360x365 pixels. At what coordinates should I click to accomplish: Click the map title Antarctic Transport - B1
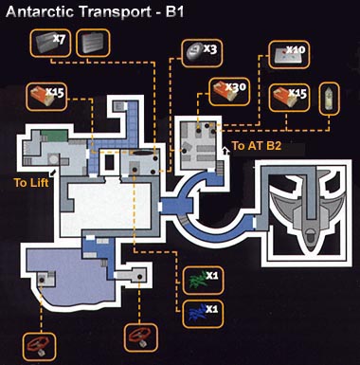pyautogui.click(x=95, y=12)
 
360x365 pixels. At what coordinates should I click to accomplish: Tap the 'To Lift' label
pyautogui.click(x=31, y=182)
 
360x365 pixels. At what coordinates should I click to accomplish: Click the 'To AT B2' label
pyautogui.click(x=256, y=146)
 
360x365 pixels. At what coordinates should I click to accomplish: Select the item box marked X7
pyautogui.click(x=50, y=43)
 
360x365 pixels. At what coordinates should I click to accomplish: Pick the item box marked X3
pyautogui.click(x=202, y=53)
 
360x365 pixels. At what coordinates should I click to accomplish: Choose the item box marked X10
pyautogui.click(x=289, y=54)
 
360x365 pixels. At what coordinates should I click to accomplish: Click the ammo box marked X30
pyautogui.click(x=229, y=92)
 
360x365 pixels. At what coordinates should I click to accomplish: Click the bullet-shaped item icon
pyautogui.click(x=330, y=99)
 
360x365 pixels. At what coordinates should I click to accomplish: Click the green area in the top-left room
pyautogui.click(x=54, y=136)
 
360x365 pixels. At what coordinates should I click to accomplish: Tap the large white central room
pyautogui.click(x=107, y=207)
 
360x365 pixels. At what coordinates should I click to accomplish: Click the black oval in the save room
pyautogui.click(x=142, y=154)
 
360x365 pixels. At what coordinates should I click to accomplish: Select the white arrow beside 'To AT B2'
pyautogui.click(x=225, y=152)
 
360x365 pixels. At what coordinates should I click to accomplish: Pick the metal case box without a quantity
pyautogui.click(x=93, y=43)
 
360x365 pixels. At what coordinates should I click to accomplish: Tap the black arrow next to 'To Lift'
pyautogui.click(x=53, y=173)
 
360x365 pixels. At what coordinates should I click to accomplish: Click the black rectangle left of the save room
pyautogui.click(x=110, y=162)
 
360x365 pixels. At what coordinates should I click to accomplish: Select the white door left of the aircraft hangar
pyautogui.click(x=254, y=223)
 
